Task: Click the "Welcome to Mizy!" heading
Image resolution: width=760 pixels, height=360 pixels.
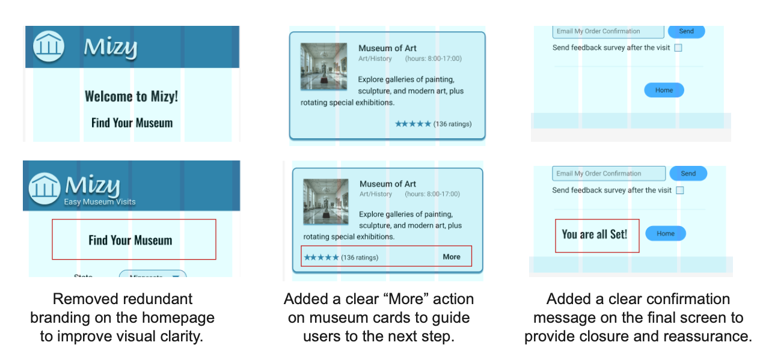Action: click(131, 96)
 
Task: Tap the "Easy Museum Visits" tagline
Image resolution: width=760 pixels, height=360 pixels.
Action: click(100, 202)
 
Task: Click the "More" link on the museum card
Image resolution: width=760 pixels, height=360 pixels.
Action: click(451, 257)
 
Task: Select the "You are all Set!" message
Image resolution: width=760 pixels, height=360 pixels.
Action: click(594, 234)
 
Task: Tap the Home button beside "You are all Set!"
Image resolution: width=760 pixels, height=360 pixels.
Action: click(665, 234)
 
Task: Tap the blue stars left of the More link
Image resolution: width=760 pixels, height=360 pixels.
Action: click(321, 257)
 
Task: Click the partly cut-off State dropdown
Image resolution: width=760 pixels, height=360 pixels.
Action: click(153, 276)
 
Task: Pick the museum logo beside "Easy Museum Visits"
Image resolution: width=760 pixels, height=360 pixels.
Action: click(44, 188)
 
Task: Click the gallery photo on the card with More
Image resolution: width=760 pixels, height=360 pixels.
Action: click(326, 202)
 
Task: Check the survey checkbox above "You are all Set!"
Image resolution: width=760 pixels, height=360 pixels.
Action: click(679, 191)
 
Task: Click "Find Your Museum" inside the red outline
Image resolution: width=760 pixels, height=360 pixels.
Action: click(130, 240)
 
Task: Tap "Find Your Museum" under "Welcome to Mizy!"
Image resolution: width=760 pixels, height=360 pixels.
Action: click(132, 123)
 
